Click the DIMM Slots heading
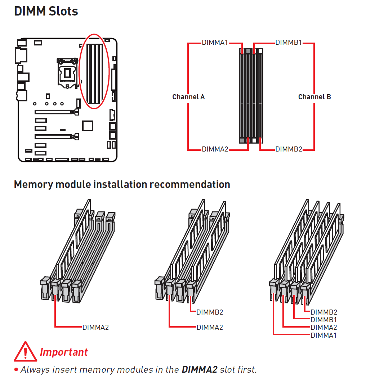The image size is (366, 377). (x=46, y=11)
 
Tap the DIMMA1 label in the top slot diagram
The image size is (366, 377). (x=215, y=43)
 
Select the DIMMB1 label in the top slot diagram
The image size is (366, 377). (x=289, y=43)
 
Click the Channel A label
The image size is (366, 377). (x=188, y=97)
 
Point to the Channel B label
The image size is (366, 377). (x=314, y=97)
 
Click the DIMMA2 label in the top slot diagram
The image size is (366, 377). (x=215, y=149)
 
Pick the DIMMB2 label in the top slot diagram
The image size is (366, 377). (x=289, y=149)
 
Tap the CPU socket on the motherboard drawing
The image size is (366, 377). (x=67, y=72)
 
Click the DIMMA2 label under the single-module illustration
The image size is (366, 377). (x=95, y=328)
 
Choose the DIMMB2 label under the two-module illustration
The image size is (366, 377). (x=210, y=312)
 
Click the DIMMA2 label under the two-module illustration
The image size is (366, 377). (x=210, y=328)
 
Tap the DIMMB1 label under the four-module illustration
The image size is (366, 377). (x=323, y=320)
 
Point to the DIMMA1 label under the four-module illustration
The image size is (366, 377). (x=323, y=336)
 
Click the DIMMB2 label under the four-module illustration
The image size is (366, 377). (x=323, y=312)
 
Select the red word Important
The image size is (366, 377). (x=64, y=352)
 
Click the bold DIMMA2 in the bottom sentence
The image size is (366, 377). (x=199, y=369)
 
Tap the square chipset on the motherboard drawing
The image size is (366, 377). (x=87, y=126)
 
